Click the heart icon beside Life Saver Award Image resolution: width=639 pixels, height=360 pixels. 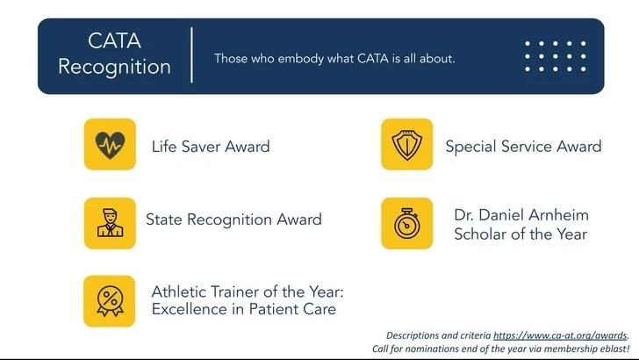click(x=110, y=145)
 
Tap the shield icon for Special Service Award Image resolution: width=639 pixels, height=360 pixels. click(x=406, y=145)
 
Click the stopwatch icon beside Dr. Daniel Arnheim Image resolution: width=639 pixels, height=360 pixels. click(x=406, y=222)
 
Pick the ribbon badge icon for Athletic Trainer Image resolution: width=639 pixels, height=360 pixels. click(x=110, y=300)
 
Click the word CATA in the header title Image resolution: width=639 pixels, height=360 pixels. click(x=115, y=40)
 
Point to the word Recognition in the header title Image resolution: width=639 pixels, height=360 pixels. click(x=115, y=67)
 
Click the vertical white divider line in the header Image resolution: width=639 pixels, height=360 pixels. click(x=192, y=54)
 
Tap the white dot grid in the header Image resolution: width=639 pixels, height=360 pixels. click(x=555, y=56)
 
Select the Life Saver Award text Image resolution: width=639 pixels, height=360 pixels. click(x=211, y=147)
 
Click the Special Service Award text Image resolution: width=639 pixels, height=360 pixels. click(x=523, y=147)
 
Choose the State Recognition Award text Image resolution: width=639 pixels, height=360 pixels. click(x=233, y=220)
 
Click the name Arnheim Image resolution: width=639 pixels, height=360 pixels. click(x=558, y=215)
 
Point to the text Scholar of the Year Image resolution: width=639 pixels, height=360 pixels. click(x=521, y=234)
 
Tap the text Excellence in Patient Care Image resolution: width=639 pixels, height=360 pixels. click(x=243, y=309)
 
